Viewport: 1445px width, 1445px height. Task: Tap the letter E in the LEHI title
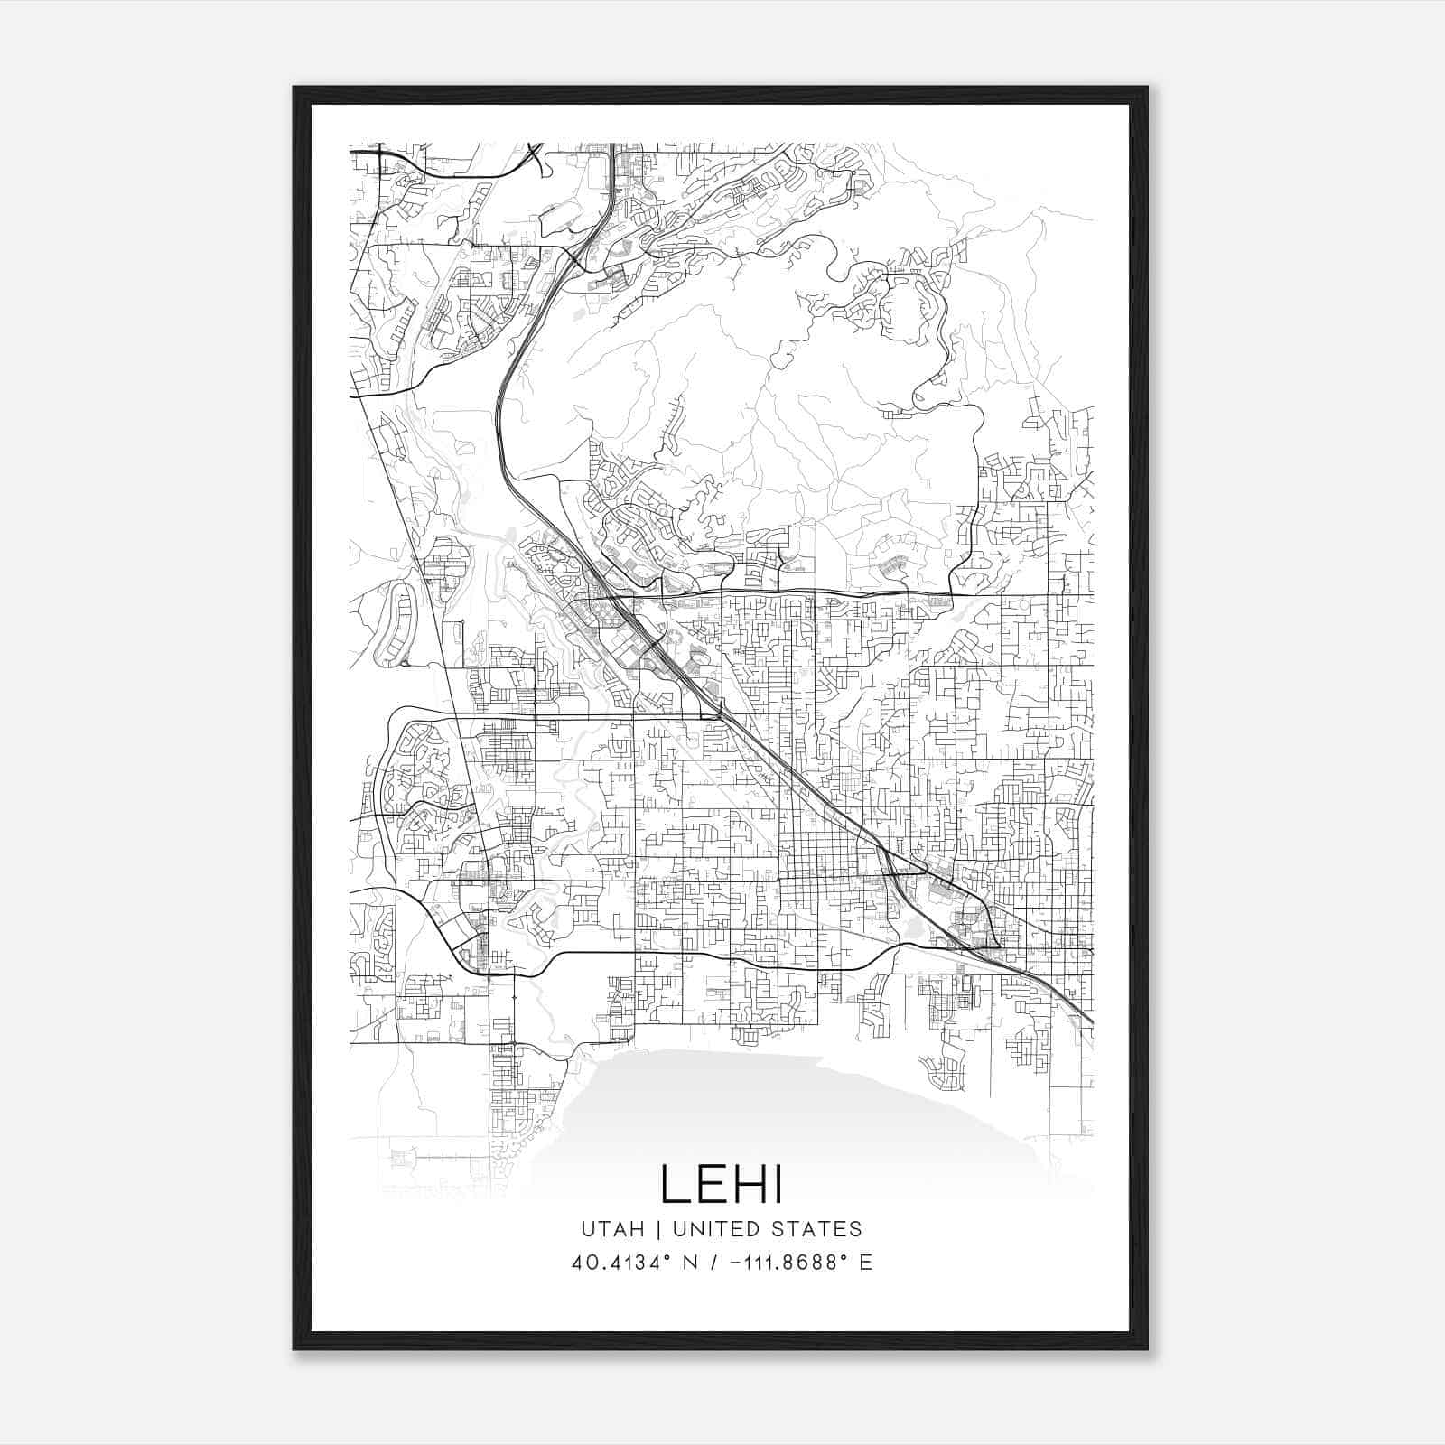[715, 1184]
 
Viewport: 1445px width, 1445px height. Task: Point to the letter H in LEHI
[754, 1184]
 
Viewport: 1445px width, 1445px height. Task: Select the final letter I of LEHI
[778, 1184]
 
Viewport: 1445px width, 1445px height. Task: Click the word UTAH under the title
[612, 1229]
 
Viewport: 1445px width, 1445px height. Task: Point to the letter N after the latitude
[692, 1263]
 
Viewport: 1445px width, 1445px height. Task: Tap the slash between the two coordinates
[714, 1263]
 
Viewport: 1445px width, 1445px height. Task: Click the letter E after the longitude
[865, 1263]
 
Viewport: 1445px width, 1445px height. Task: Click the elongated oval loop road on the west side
[397, 623]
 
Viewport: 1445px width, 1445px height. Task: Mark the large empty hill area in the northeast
[813, 379]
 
